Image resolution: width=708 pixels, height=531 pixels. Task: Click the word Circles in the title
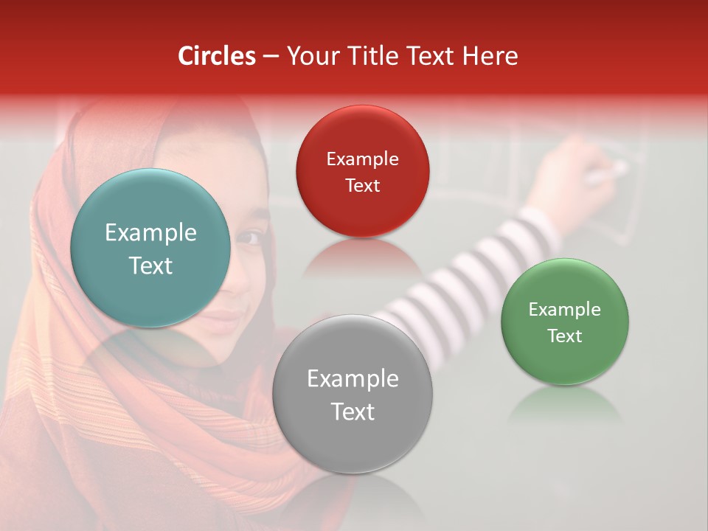[217, 56]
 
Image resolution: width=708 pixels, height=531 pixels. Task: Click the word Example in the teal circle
[150, 233]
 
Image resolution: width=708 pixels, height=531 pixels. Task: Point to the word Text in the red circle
[362, 185]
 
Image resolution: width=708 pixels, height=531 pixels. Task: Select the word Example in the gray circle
[353, 379]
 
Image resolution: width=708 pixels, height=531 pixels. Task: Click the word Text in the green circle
[564, 336]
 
